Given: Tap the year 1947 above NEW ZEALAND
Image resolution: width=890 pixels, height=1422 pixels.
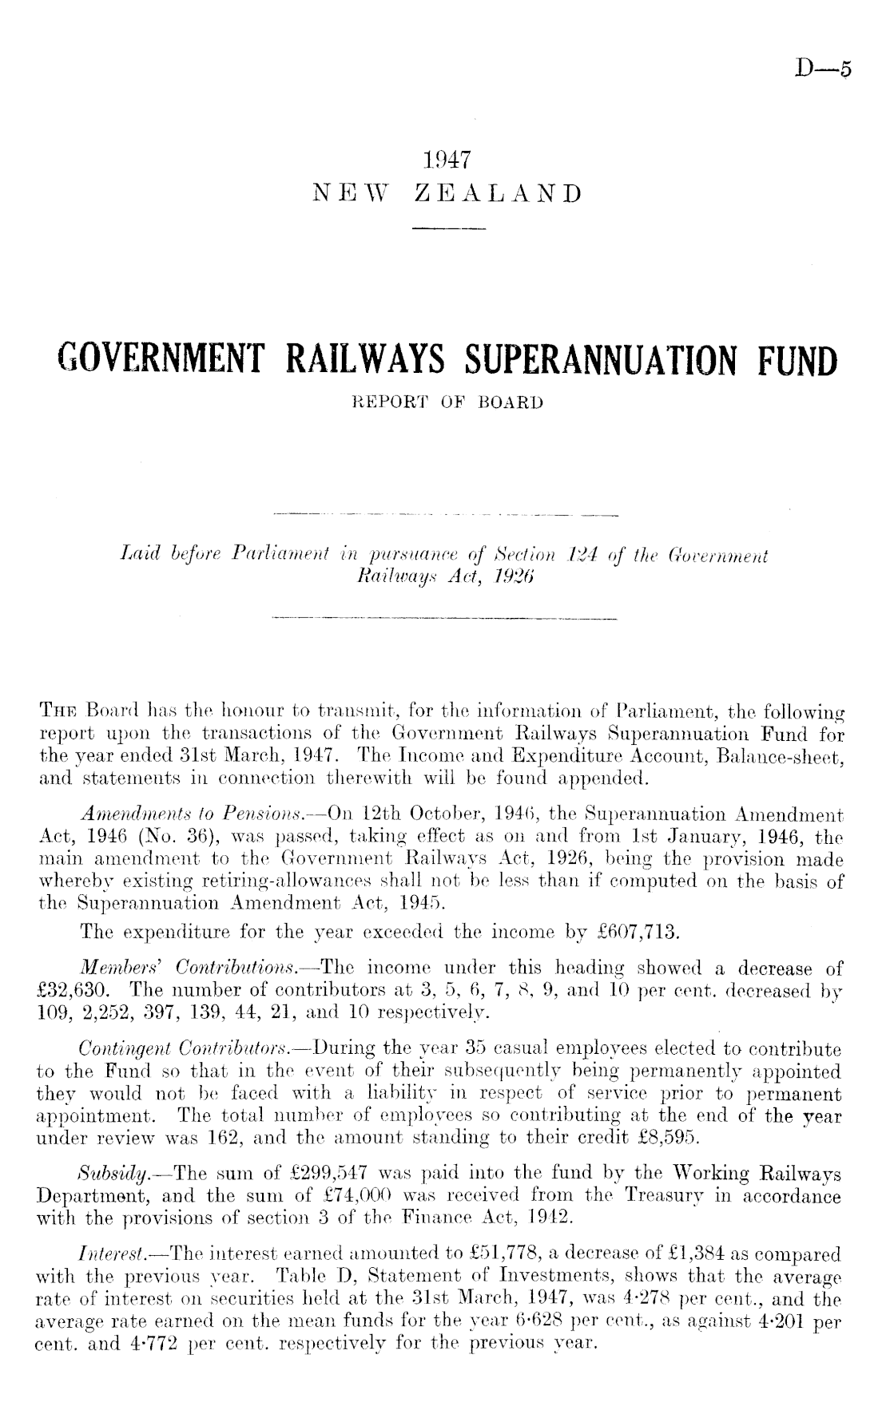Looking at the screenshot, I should click(x=445, y=160).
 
